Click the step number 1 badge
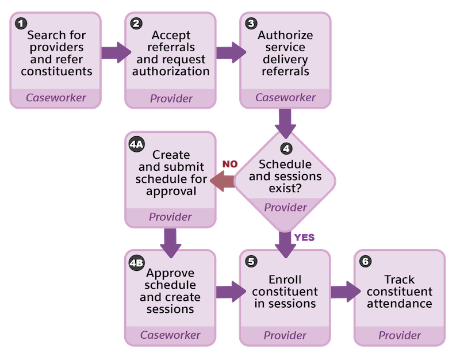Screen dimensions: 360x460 tap(21, 24)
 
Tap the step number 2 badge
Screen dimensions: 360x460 tap(136, 24)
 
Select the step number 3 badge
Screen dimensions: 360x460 tap(251, 24)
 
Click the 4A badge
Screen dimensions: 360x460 tap(137, 143)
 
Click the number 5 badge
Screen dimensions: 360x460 tap(251, 262)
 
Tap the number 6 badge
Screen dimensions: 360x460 tap(365, 262)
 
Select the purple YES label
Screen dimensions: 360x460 tap(304, 237)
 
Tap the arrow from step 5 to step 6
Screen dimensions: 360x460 tap(342, 290)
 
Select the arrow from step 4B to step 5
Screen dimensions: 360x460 tap(228, 290)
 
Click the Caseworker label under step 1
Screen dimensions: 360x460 tap(56, 97)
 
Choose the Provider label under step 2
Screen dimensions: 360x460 tap(171, 98)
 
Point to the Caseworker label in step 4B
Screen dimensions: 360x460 tap(170, 335)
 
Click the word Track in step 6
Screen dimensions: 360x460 tap(399, 279)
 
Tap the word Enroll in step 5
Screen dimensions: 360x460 tap(285, 279)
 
